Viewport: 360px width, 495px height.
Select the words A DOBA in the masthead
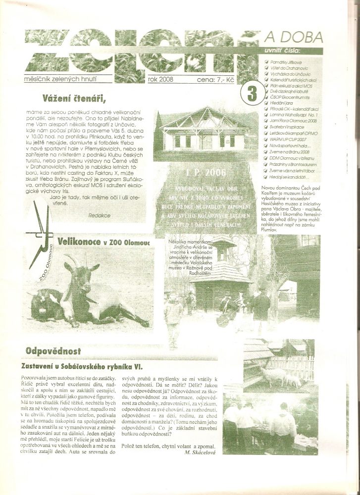pyautogui.click(x=294, y=37)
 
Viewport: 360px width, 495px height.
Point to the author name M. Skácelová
pyautogui.click(x=200, y=452)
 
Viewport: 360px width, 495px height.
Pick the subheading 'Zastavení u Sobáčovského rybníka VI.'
pyautogui.click(x=82, y=366)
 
